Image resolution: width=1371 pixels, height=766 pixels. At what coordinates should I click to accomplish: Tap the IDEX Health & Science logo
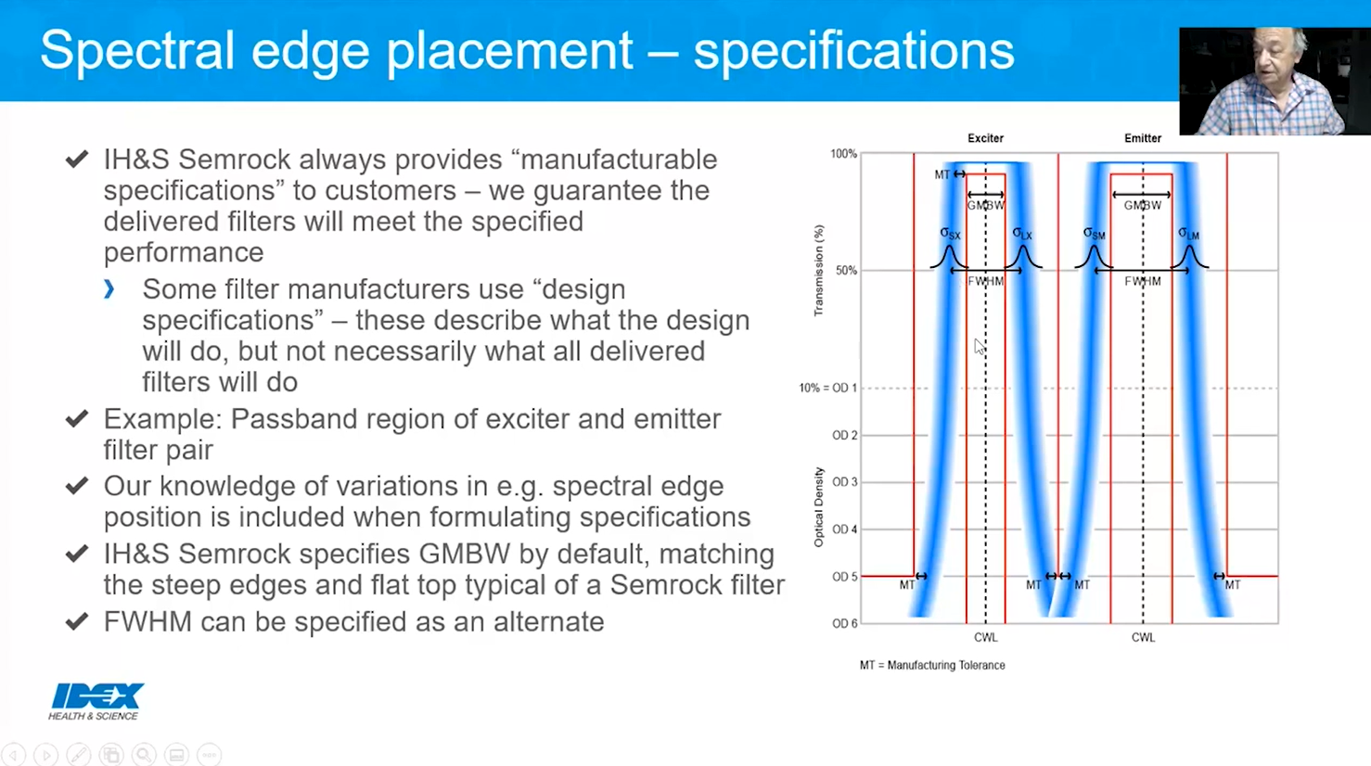pos(96,701)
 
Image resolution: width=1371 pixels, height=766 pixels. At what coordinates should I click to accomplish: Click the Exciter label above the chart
pos(985,138)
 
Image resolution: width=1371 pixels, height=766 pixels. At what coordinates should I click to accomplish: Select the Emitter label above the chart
pos(1142,138)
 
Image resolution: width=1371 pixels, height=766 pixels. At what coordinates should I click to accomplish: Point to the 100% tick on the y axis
pos(843,154)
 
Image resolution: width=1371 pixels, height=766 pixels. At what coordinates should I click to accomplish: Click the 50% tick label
pos(846,271)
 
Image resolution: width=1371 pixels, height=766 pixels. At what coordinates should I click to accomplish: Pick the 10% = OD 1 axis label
pos(827,388)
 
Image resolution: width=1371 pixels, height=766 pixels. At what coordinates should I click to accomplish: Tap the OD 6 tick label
pos(844,623)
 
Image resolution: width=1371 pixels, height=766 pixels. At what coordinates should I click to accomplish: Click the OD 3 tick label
pos(844,482)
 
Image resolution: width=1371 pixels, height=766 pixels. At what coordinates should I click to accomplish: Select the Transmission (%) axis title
pos(818,271)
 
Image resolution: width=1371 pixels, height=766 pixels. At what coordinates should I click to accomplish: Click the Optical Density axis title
pos(818,506)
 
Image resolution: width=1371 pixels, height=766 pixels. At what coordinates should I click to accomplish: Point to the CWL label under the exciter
pos(985,638)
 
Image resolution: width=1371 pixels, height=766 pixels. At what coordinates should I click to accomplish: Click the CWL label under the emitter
pos(1143,638)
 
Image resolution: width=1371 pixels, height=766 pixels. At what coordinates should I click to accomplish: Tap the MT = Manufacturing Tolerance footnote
pos(932,665)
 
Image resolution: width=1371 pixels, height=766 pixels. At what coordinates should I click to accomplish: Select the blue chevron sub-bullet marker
pos(109,289)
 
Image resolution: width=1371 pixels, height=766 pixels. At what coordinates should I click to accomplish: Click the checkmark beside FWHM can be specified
pos(77,621)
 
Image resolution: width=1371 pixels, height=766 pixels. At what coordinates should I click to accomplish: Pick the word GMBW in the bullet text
pos(464,554)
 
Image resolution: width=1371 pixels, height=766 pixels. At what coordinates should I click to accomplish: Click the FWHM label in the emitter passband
pos(1142,281)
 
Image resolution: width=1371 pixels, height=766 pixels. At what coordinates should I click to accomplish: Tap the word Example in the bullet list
pos(161,419)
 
